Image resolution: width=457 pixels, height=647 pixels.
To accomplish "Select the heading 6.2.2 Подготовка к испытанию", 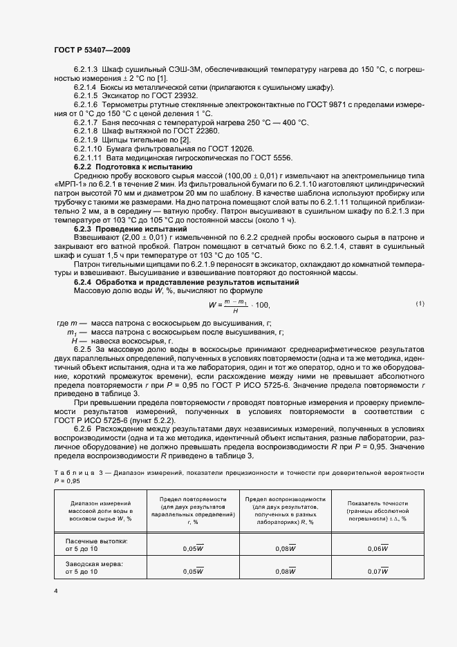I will click(128, 168).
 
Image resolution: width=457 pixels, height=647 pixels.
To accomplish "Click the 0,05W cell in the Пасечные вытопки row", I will click(193, 547).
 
